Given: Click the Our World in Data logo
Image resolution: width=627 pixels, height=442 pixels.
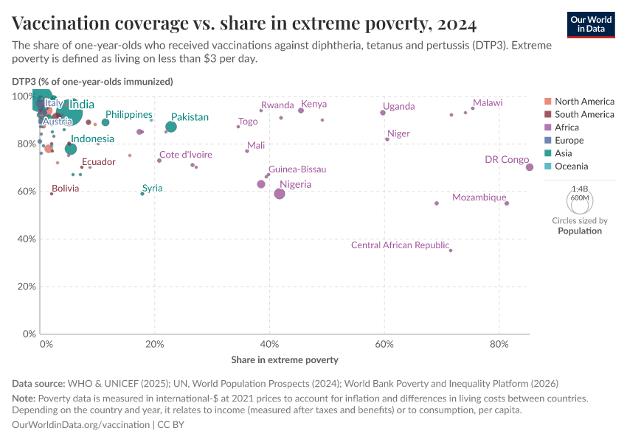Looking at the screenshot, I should pyautogui.click(x=592, y=24).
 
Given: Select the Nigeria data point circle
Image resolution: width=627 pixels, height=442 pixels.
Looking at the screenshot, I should pyautogui.click(x=280, y=194).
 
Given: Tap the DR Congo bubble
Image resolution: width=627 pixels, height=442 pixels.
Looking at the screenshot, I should pyautogui.click(x=530, y=167).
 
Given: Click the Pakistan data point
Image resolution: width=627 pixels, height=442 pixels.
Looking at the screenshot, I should pyautogui.click(x=171, y=127).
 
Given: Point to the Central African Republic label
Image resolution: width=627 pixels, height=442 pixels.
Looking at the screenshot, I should pyautogui.click(x=400, y=245).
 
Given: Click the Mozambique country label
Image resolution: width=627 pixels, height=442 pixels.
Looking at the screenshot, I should pyautogui.click(x=479, y=197).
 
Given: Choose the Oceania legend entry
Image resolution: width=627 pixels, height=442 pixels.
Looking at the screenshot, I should pyautogui.click(x=572, y=166).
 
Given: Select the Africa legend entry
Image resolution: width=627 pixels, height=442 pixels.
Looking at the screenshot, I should pyautogui.click(x=567, y=127).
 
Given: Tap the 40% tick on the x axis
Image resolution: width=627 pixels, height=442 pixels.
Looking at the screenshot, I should pyautogui.click(x=269, y=344).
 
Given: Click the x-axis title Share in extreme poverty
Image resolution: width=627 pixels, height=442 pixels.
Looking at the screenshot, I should pyautogui.click(x=285, y=359).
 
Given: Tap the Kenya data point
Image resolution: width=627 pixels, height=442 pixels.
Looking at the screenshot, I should pyautogui.click(x=301, y=110).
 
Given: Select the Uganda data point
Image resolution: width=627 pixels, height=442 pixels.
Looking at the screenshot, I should pyautogui.click(x=383, y=113).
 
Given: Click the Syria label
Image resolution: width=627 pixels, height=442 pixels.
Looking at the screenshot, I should pyautogui.click(x=152, y=189).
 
